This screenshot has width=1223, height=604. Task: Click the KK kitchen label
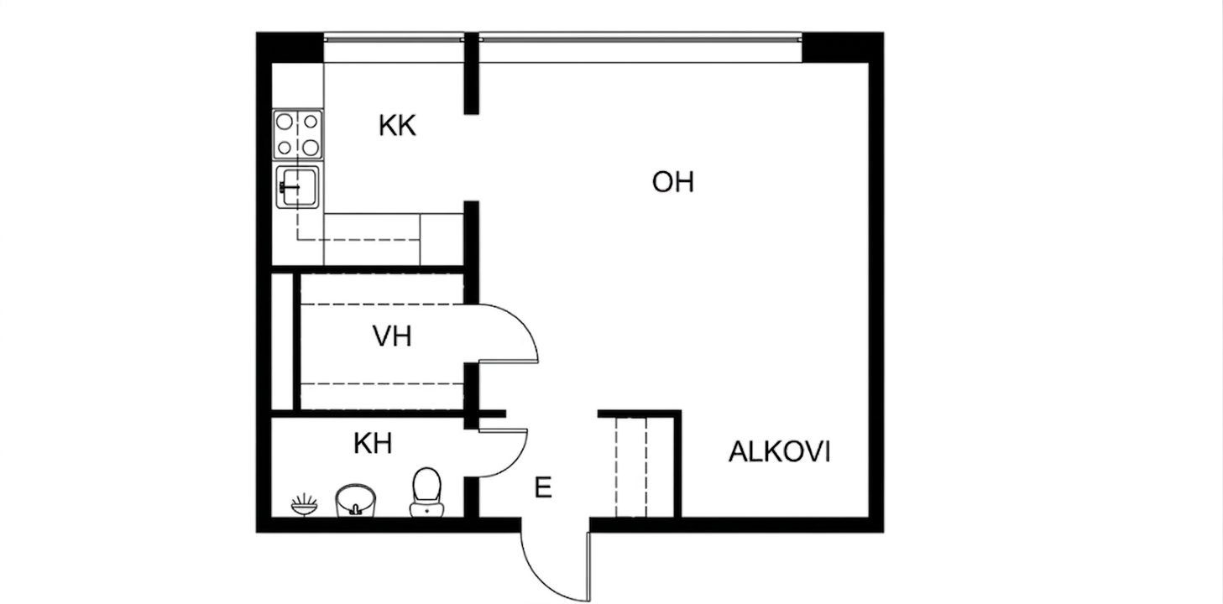(397, 126)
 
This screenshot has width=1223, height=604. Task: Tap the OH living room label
(673, 182)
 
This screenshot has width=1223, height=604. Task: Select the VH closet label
(392, 337)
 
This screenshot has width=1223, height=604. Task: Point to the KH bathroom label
(373, 443)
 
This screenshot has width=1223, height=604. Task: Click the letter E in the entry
(543, 488)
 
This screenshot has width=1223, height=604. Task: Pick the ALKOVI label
(779, 452)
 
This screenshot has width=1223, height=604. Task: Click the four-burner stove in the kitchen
(298, 134)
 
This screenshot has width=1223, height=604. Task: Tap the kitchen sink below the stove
(297, 185)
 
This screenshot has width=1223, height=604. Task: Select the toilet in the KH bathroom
(426, 491)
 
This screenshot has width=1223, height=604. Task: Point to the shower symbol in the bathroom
(304, 504)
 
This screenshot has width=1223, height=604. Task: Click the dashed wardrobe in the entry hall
(631, 466)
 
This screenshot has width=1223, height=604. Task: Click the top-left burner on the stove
(285, 122)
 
